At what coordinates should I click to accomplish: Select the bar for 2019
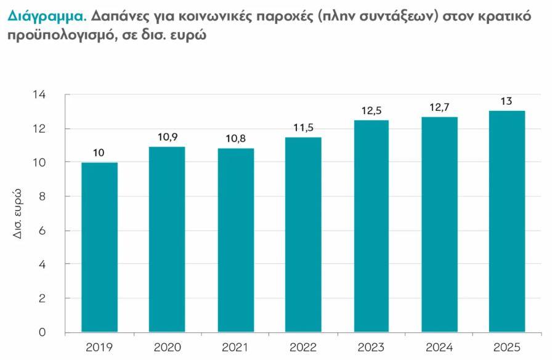pyautogui.click(x=100, y=247)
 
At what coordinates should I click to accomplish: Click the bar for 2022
pyautogui.click(x=303, y=234)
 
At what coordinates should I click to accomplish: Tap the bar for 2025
pyautogui.click(x=507, y=221)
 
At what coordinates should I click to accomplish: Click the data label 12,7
pyautogui.click(x=439, y=107)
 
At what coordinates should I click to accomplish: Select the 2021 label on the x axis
pyautogui.click(x=235, y=347)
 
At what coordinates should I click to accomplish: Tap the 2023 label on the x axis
pyautogui.click(x=371, y=347)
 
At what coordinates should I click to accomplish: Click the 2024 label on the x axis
pyautogui.click(x=439, y=347)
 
